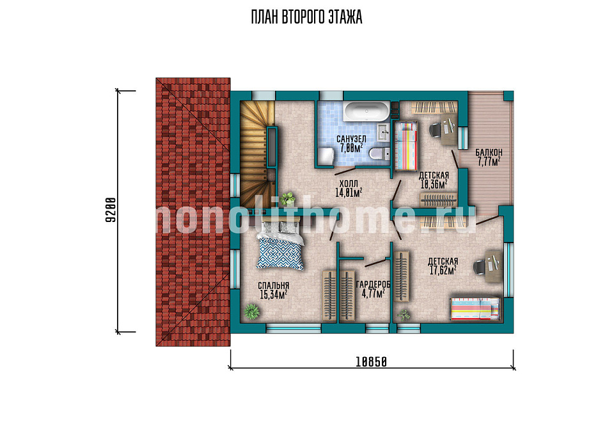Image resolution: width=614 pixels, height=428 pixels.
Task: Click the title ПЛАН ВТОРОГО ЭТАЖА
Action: coord(306,18)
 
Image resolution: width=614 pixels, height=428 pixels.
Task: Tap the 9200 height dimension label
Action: coord(111,210)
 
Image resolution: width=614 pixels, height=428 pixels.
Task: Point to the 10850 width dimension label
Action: coord(371,362)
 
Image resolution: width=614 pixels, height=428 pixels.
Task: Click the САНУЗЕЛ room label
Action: coord(351,139)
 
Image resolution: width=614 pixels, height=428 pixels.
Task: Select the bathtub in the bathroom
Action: coord(366,111)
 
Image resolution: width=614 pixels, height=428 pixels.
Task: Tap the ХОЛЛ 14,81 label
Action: coord(348,188)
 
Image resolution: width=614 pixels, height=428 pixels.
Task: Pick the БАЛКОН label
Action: coord(489,152)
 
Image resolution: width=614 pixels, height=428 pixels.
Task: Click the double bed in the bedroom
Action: coord(280,245)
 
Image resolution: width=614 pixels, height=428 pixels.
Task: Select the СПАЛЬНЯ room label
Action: coord(273,285)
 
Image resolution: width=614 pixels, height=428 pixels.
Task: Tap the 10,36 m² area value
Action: coord(434,184)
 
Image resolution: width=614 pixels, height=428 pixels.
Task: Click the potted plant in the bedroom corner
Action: coord(251,312)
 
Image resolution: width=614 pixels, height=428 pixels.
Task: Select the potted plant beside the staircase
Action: coord(288,198)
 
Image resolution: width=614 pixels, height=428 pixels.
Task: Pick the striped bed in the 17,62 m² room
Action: coord(475,308)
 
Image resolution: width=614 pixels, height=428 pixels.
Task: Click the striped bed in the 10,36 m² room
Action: coord(405,146)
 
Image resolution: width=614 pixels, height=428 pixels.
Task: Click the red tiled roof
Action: coord(193,212)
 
